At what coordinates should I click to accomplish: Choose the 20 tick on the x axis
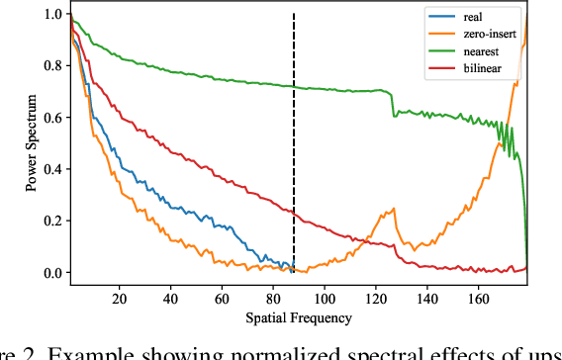120,298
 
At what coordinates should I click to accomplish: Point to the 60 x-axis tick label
222,298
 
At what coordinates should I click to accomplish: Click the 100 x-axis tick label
325,298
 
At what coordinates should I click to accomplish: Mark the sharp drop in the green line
393,104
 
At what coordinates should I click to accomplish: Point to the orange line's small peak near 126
393,210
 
